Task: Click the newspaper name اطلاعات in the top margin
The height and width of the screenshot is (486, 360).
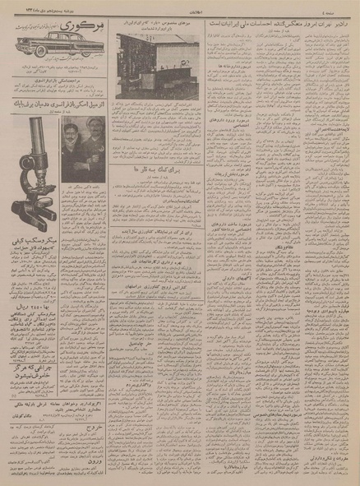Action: pyautogui.click(x=178, y=5)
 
